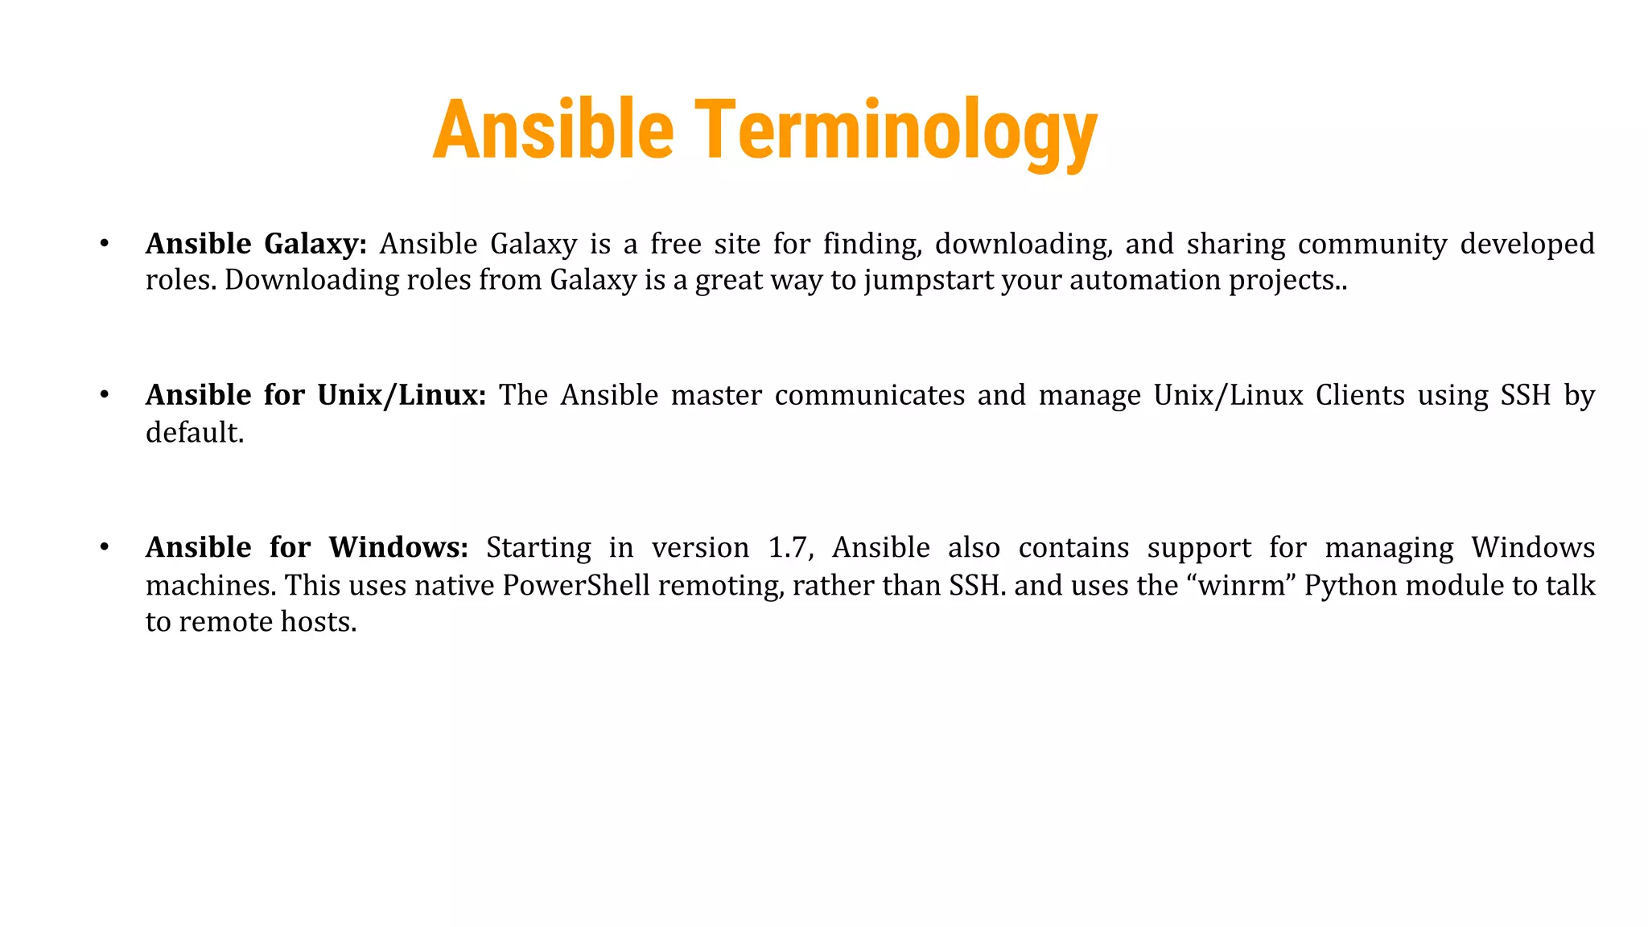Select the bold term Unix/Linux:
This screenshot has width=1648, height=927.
click(x=402, y=395)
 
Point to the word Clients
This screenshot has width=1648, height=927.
click(x=1360, y=395)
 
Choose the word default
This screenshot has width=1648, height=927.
click(x=194, y=433)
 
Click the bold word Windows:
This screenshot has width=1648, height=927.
click(x=398, y=547)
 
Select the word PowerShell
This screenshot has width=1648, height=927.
click(x=576, y=585)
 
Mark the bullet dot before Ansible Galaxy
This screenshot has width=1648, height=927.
click(x=104, y=243)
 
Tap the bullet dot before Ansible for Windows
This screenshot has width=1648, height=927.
click(x=104, y=547)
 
